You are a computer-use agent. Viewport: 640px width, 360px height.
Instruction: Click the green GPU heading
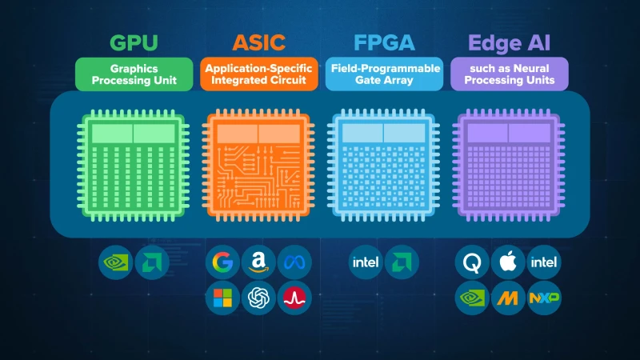(x=134, y=43)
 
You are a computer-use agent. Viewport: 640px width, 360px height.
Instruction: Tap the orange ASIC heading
(x=258, y=43)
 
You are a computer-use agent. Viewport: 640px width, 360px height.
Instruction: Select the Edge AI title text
(x=510, y=43)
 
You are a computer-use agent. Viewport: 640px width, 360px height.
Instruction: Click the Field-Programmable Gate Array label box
(x=384, y=74)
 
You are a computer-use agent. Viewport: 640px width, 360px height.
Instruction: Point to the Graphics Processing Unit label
(x=134, y=74)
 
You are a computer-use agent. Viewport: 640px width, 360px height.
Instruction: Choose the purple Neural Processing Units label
(x=510, y=74)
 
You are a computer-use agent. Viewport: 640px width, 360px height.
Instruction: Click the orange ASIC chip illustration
(x=258, y=166)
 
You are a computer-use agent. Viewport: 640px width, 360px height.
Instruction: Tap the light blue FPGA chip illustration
(x=384, y=166)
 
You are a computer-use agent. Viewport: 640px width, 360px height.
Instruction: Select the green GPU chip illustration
(x=134, y=166)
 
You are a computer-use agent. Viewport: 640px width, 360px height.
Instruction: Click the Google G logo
(x=222, y=262)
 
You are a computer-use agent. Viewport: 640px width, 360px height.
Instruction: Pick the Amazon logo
(x=258, y=262)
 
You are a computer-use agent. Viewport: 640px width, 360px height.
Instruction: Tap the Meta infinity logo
(x=294, y=262)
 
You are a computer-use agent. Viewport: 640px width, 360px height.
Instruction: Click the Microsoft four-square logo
(x=222, y=298)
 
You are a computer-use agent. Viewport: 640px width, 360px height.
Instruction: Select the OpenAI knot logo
(x=258, y=298)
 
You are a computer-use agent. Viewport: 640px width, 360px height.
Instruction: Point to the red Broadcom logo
(x=294, y=298)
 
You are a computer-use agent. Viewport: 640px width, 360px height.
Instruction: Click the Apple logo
(x=508, y=262)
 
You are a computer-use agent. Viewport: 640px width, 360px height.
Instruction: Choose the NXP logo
(x=544, y=298)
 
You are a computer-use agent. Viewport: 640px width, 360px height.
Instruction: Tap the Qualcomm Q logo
(x=472, y=262)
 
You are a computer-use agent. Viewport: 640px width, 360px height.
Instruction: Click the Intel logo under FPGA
(x=366, y=262)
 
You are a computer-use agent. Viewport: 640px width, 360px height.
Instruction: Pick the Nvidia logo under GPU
(x=115, y=262)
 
